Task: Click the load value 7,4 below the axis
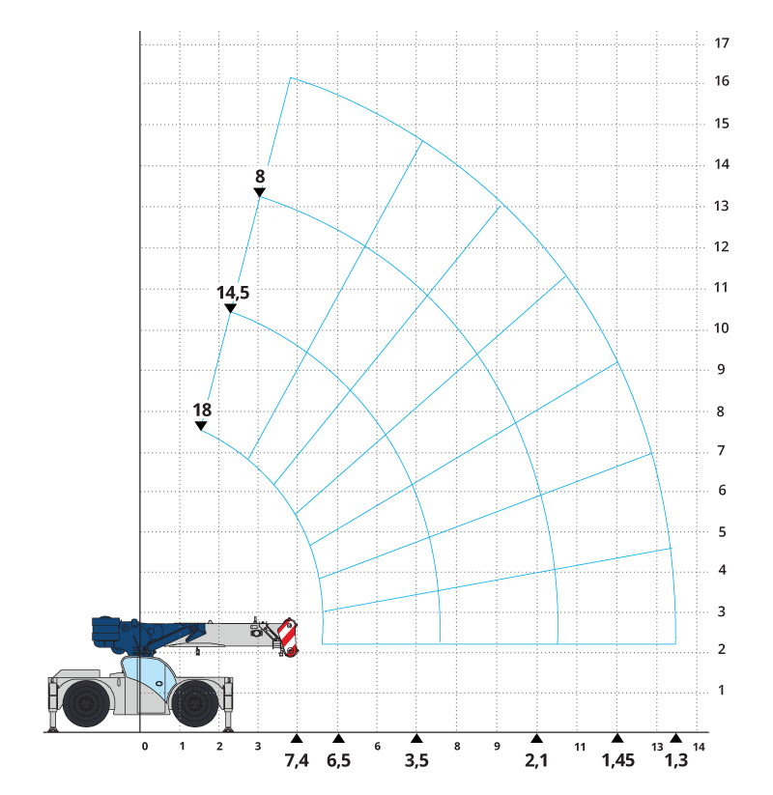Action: pyautogui.click(x=297, y=761)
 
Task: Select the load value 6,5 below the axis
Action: pyautogui.click(x=338, y=761)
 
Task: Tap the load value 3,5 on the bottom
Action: pyautogui.click(x=416, y=761)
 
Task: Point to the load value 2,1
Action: pyautogui.click(x=536, y=761)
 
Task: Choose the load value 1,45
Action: pyautogui.click(x=617, y=761)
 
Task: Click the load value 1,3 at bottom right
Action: pyautogui.click(x=676, y=761)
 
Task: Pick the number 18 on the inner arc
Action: pyautogui.click(x=202, y=410)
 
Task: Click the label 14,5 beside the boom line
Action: pyautogui.click(x=232, y=292)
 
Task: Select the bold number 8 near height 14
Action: pyautogui.click(x=260, y=176)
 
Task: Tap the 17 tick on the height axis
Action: pyautogui.click(x=721, y=43)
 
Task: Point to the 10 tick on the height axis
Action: pyautogui.click(x=721, y=328)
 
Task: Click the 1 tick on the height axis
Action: pyautogui.click(x=721, y=691)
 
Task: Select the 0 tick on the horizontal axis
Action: pyautogui.click(x=144, y=747)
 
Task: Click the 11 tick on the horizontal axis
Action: pyautogui.click(x=581, y=747)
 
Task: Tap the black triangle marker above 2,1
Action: pyautogui.click(x=536, y=738)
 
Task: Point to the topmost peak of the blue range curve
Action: pyautogui.click(x=291, y=78)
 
